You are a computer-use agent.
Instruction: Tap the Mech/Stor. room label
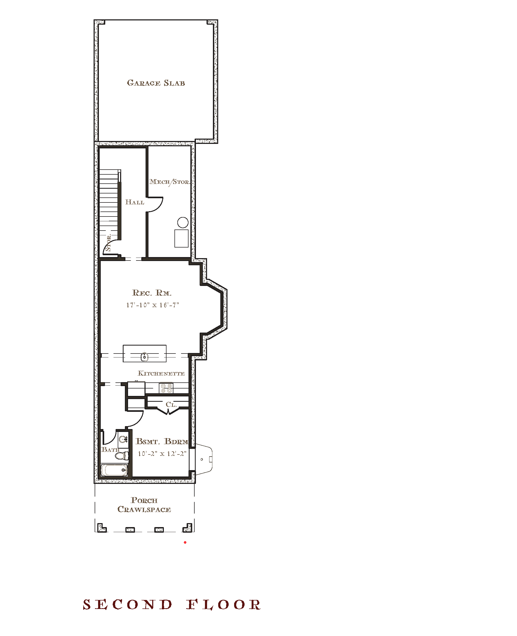(170, 182)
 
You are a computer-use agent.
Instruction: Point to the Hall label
(135, 202)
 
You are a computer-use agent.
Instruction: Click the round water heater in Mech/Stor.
(183, 222)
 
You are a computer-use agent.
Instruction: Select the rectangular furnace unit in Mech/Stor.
(181, 238)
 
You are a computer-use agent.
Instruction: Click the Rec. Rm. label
(152, 293)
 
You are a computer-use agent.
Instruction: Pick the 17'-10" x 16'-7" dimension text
(152, 305)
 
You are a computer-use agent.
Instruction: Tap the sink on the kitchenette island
(144, 356)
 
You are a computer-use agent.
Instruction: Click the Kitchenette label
(161, 373)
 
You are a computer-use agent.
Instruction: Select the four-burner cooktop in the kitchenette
(166, 388)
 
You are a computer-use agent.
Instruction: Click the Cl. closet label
(171, 404)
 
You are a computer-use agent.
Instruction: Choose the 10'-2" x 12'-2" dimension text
(162, 454)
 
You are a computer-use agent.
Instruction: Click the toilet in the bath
(122, 456)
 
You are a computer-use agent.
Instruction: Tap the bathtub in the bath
(114, 470)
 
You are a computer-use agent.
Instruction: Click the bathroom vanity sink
(123, 439)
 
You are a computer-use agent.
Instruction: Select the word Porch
(144, 500)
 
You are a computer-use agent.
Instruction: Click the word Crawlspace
(144, 509)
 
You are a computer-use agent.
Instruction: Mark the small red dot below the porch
(185, 542)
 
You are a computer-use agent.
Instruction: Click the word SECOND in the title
(128, 605)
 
